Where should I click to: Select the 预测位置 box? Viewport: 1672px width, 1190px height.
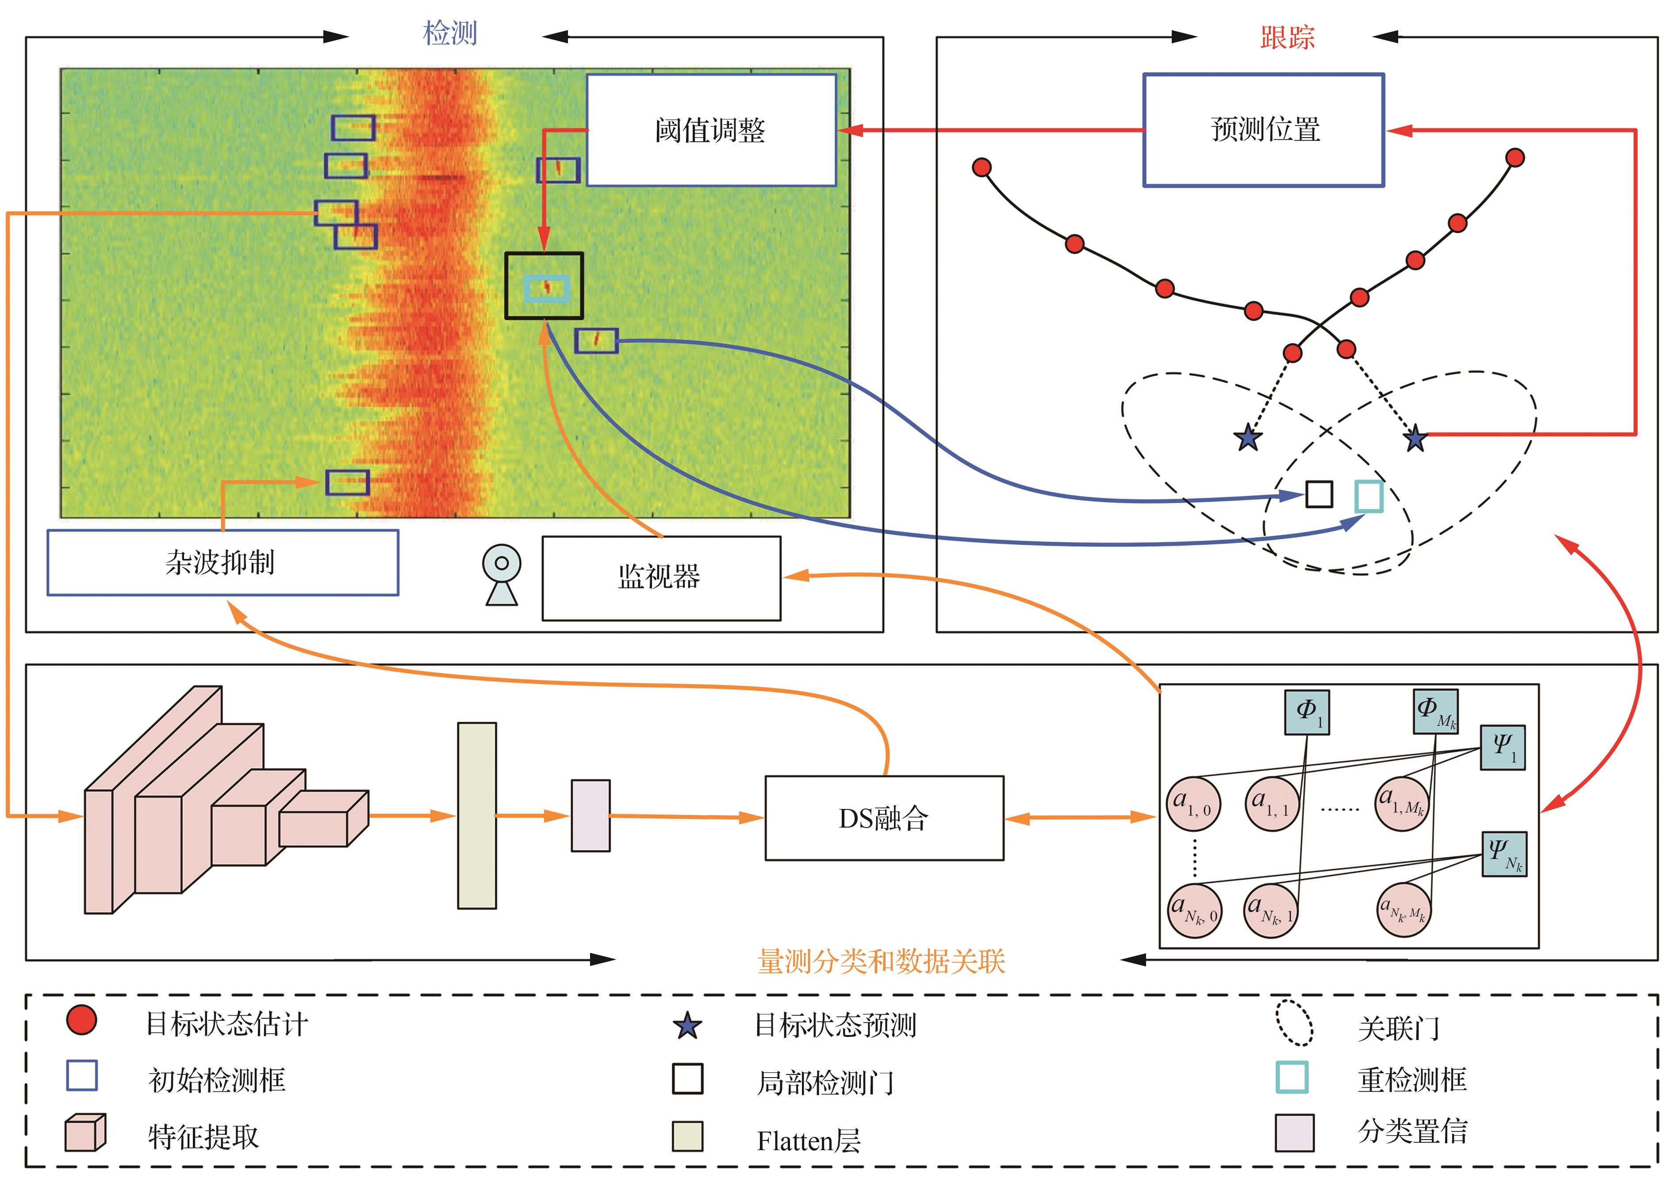[1263, 130]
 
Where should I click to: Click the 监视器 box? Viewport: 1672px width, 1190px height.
[660, 578]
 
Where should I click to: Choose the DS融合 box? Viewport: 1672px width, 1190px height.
[883, 818]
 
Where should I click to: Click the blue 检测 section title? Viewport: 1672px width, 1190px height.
[450, 34]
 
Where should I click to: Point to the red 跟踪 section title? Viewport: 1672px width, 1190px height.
[1287, 37]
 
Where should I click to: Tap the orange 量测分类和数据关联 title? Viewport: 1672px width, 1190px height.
[881, 961]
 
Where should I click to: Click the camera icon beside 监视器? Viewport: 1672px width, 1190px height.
[502, 575]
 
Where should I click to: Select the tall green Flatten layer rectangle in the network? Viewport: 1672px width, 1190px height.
[477, 816]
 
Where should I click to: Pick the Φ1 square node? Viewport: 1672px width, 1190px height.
[1307, 712]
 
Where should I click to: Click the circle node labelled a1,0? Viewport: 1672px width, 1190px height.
[1193, 804]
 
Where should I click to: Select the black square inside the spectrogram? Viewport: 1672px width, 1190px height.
[544, 286]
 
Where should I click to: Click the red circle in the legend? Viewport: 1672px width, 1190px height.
[81, 1020]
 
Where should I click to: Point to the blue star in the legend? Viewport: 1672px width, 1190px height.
[687, 1026]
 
